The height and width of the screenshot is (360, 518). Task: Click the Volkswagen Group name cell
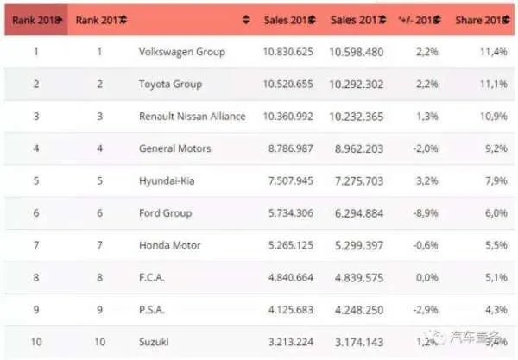point(181,52)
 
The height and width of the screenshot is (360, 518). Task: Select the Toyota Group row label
point(170,85)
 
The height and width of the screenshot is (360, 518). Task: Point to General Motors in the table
point(174,148)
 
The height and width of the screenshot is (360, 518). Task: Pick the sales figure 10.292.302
point(357,85)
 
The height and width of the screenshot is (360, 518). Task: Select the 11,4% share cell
point(492,52)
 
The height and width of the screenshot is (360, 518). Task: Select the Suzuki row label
point(155,343)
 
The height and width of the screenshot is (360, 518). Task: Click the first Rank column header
point(35,20)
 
